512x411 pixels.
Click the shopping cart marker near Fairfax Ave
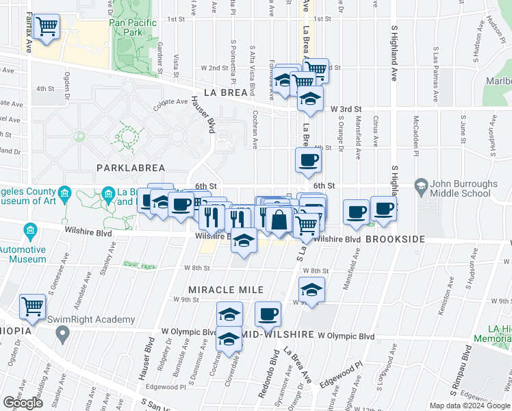tap(47, 27)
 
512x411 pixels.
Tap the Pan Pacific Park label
tap(133, 27)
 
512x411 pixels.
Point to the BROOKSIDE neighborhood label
tap(395, 239)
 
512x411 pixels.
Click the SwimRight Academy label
tap(90, 320)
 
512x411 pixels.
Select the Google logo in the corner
tap(23, 403)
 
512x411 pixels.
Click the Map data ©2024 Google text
tap(470, 406)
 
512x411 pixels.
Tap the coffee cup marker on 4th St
tap(307, 161)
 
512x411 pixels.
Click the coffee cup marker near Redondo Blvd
tap(268, 314)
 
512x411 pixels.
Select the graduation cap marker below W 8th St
tap(311, 290)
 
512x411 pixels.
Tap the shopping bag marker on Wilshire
tap(279, 221)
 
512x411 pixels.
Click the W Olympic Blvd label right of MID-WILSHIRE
tap(346, 336)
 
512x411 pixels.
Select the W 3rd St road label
tap(346, 109)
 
